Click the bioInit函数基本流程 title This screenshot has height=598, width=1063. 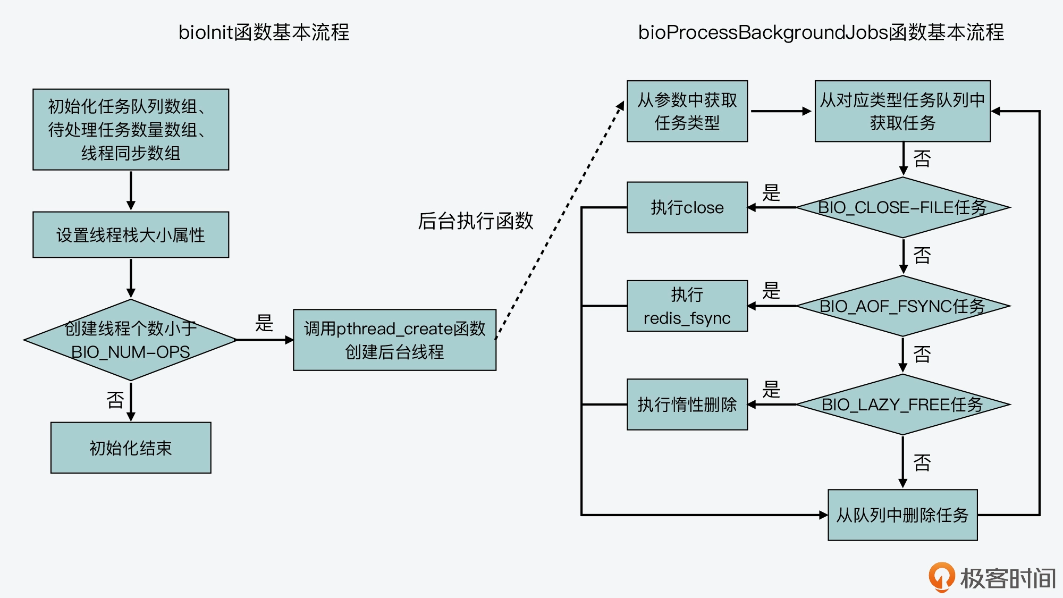click(264, 32)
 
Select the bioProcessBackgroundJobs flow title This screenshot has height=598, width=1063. click(821, 32)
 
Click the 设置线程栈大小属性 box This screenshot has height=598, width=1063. click(131, 235)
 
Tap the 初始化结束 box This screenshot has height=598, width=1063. click(131, 448)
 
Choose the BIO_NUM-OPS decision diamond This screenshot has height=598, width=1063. click(131, 340)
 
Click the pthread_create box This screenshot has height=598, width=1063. click(394, 340)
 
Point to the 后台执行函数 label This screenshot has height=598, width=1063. click(475, 221)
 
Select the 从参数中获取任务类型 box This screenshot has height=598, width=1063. click(687, 111)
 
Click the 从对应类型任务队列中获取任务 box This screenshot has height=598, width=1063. click(902, 111)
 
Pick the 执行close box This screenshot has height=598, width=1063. click(687, 207)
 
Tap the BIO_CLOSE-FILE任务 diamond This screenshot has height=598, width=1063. click(902, 207)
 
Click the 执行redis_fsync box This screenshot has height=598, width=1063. click(687, 306)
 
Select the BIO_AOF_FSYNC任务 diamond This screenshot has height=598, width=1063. click(902, 306)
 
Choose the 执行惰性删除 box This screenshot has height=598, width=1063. click(687, 405)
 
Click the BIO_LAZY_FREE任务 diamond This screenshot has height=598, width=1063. click(902, 405)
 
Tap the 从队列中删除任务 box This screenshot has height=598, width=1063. click(902, 515)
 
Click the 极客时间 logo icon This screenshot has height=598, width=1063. click(941, 577)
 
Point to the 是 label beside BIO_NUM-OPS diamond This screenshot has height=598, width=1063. click(264, 323)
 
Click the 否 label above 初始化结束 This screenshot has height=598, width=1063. click(115, 400)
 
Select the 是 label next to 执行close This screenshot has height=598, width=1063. click(771, 192)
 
